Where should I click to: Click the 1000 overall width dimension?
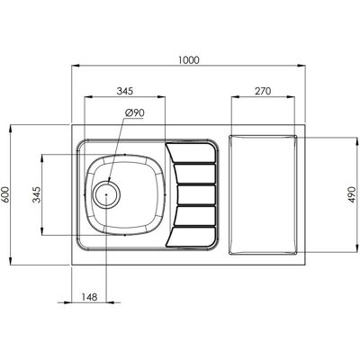188,60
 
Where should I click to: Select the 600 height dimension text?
6,194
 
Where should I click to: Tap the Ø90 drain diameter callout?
135,113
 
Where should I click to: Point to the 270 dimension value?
263,91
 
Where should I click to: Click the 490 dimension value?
352,194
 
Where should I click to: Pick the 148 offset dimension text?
89,297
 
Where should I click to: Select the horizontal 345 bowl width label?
124,91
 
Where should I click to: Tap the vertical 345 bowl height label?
37,194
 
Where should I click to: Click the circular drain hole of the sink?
106,194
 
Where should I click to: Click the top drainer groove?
192,153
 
